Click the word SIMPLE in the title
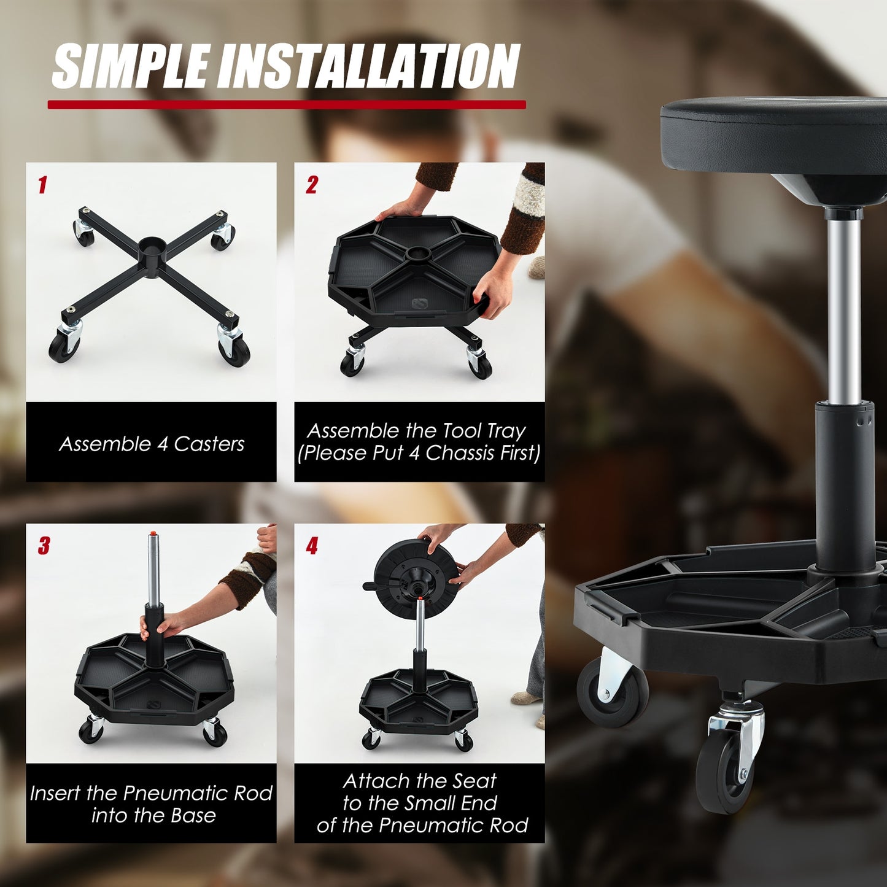click(131, 66)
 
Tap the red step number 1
click(42, 185)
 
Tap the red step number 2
click(312, 185)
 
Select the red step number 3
click(44, 546)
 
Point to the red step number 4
click(312, 546)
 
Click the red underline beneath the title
click(287, 105)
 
